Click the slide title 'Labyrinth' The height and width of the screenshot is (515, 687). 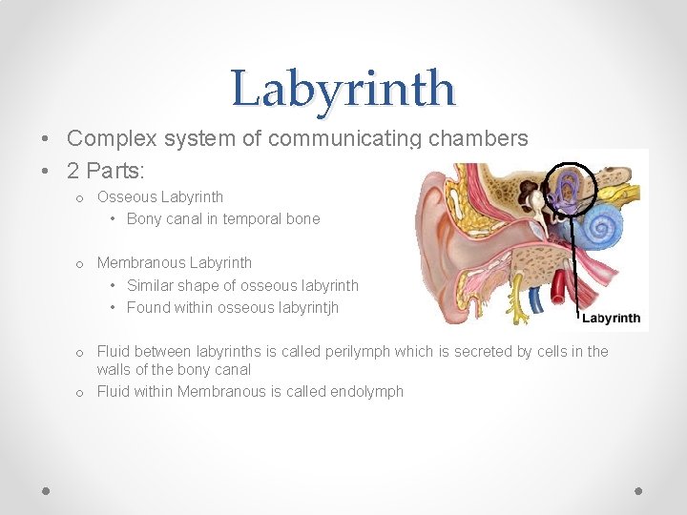pyautogui.click(x=343, y=89)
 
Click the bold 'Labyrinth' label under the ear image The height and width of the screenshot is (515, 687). pyautogui.click(x=611, y=318)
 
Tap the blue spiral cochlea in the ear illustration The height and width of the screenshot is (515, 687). pyautogui.click(x=602, y=228)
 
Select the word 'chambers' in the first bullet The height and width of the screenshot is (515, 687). pyautogui.click(x=478, y=138)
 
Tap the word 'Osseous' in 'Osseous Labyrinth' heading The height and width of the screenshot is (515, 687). pyautogui.click(x=127, y=197)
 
